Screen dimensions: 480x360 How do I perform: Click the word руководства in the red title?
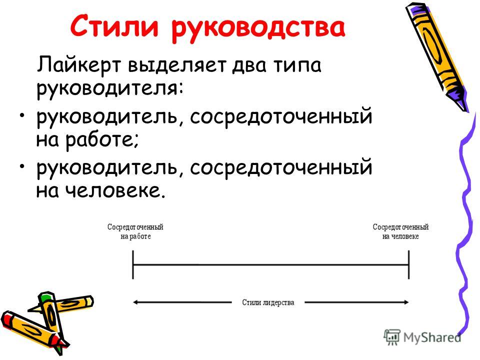(258, 28)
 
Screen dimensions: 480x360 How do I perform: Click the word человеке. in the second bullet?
(115, 190)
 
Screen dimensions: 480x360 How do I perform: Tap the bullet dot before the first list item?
(21, 116)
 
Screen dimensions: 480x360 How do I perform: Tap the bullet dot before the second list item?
(21, 167)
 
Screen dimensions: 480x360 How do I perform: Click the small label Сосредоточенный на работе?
(135, 231)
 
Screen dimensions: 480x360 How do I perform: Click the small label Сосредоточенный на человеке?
(400, 231)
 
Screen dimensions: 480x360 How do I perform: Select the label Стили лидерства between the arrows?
(268, 302)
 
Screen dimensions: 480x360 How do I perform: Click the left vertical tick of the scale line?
(133, 265)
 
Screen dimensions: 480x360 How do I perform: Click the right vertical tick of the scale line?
(408, 265)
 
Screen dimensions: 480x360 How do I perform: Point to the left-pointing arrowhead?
(135, 302)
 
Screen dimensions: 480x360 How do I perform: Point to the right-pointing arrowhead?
(406, 302)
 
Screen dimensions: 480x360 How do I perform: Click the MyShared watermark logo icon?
(392, 337)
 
